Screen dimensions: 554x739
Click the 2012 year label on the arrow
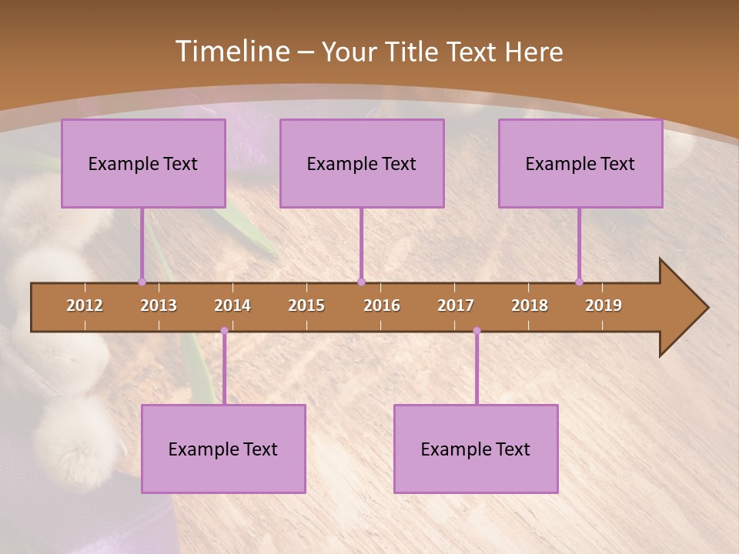click(x=85, y=305)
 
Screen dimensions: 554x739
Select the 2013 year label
click(x=159, y=305)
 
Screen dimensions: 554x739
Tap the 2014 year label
click(x=232, y=305)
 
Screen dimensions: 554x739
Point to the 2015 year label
click(x=306, y=305)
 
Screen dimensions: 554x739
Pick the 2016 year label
click(x=382, y=305)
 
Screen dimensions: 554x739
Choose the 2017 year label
click(x=456, y=305)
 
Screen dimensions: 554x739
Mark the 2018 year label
click(x=530, y=305)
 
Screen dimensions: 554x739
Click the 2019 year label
click(x=604, y=305)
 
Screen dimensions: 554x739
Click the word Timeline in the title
click(x=231, y=52)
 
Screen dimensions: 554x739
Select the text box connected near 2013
click(x=143, y=163)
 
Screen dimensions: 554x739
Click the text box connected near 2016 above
click(x=362, y=163)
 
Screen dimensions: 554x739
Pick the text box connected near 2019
click(x=580, y=163)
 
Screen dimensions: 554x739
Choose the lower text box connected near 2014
click(x=223, y=449)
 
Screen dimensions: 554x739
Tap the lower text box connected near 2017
click(x=476, y=449)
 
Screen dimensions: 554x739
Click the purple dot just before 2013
click(x=142, y=282)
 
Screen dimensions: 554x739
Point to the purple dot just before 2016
click(x=361, y=282)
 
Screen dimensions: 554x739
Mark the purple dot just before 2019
click(x=579, y=282)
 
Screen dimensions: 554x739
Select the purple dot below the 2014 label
click(x=224, y=331)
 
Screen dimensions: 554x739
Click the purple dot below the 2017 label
click(x=477, y=331)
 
